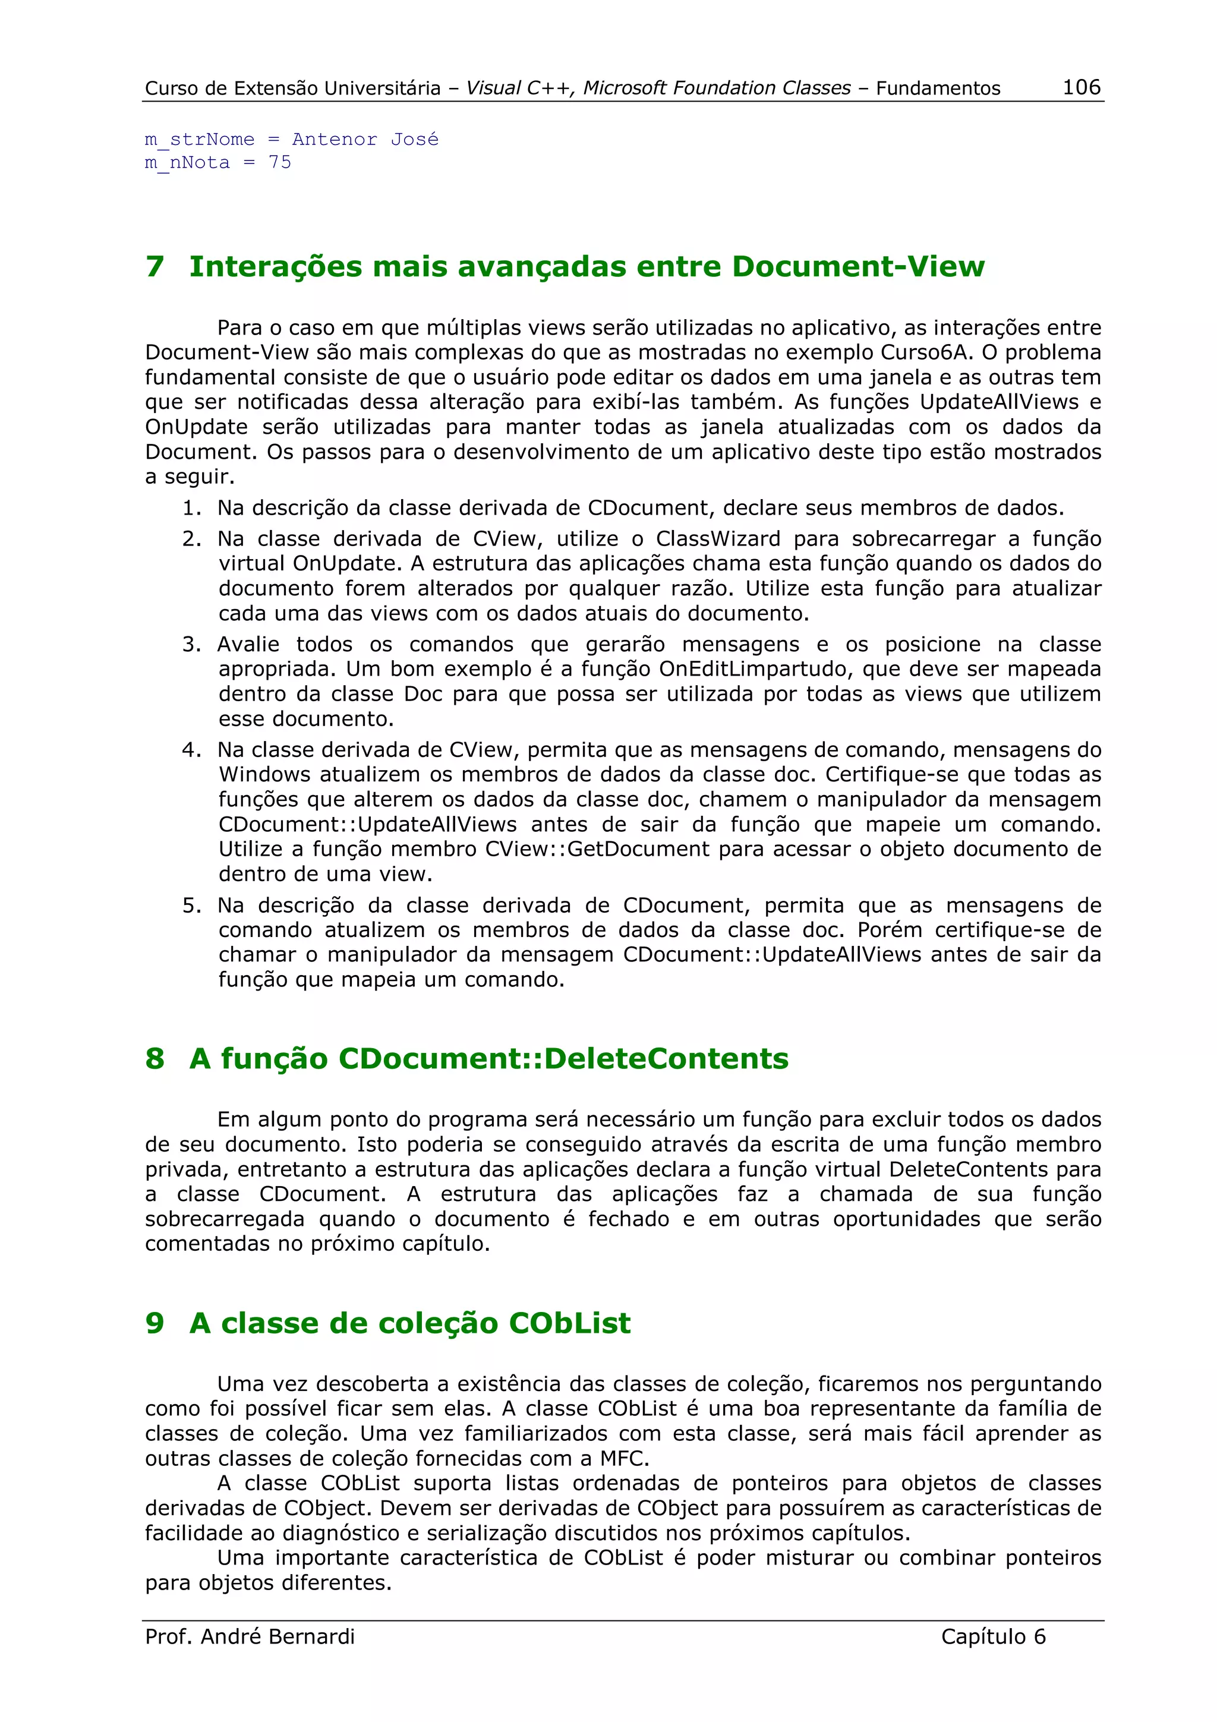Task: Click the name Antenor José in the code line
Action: tap(365, 140)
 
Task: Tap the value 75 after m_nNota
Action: tap(280, 163)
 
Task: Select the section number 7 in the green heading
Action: tap(155, 267)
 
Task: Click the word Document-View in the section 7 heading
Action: tap(858, 267)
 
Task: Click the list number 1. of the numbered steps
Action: tap(192, 509)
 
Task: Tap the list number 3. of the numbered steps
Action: tap(192, 644)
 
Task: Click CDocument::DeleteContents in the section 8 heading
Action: tap(563, 1059)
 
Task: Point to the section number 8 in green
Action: tap(155, 1059)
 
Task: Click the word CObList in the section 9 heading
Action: tap(569, 1323)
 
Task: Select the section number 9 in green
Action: tap(155, 1323)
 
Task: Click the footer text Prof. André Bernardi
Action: tap(250, 1636)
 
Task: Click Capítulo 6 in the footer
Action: tap(993, 1636)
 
